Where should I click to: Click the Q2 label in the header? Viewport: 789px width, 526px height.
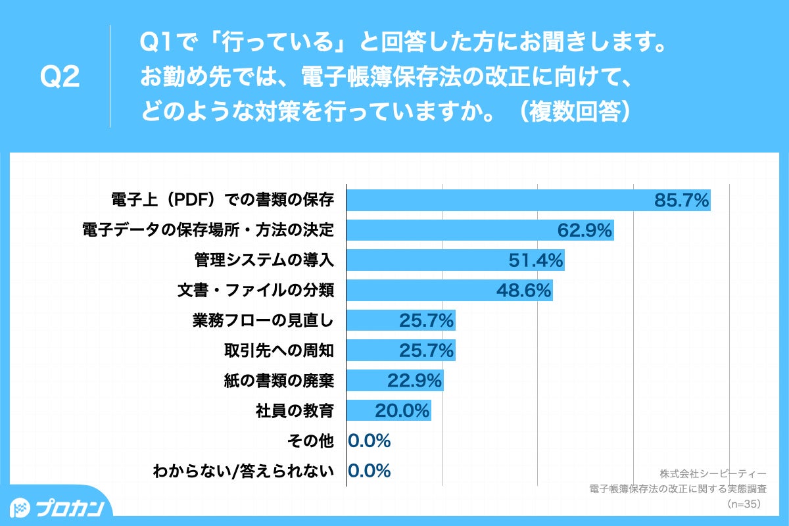[60, 78]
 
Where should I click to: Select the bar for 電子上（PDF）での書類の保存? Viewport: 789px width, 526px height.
[500, 200]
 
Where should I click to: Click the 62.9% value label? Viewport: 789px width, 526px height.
[585, 230]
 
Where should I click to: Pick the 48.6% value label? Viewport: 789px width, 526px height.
[524, 290]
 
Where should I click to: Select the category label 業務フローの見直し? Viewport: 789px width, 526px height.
[263, 320]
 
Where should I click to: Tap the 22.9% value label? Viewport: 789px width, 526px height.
[415, 381]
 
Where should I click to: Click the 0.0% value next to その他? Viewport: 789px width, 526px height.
[370, 441]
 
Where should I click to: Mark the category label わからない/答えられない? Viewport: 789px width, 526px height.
[243, 471]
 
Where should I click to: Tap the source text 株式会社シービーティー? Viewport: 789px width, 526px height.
[713, 473]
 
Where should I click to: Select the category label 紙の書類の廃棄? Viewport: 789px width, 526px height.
[279, 381]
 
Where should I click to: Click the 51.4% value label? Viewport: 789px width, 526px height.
[536, 260]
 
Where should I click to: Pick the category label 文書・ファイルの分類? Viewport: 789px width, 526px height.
[256, 290]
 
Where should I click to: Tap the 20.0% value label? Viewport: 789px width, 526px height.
[402, 411]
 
